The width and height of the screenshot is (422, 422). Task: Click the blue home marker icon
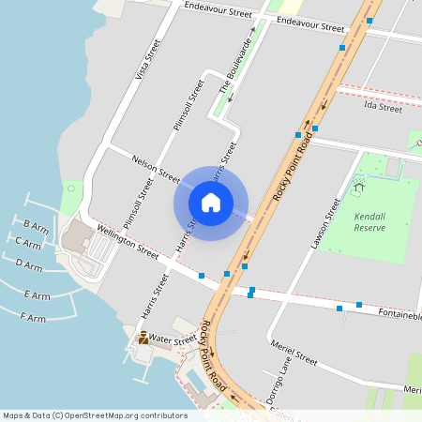point(211,203)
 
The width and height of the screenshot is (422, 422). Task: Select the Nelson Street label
point(156,170)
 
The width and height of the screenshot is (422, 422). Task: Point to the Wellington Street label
point(128,240)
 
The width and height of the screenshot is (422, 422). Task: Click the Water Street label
point(172,339)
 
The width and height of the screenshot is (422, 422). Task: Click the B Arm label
point(37,226)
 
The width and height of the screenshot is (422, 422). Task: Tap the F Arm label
point(33,318)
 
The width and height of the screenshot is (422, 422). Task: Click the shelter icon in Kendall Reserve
point(358,187)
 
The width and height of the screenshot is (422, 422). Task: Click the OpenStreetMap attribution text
point(95,415)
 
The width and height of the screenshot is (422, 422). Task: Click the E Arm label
point(38,295)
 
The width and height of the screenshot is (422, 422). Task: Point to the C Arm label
point(29,242)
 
